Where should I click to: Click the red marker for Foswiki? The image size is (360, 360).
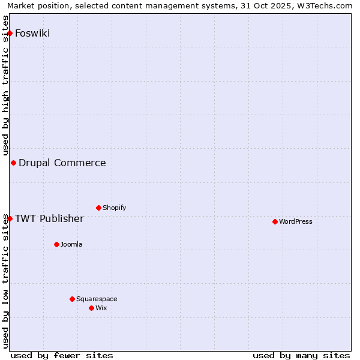click(10, 33)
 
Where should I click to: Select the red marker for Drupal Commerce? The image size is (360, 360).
click(13, 163)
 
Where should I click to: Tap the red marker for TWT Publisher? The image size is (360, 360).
click(10, 218)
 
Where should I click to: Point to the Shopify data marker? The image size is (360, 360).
click(98, 208)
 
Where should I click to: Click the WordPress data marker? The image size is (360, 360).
click(275, 221)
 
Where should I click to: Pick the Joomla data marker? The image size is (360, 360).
click(56, 244)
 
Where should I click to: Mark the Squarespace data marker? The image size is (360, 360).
click(72, 299)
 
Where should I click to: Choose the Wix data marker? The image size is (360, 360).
click(91, 308)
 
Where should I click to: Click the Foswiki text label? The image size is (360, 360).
click(32, 33)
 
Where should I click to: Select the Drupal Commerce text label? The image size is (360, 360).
click(62, 163)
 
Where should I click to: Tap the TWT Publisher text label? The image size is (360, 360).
click(49, 218)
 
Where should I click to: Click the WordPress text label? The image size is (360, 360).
click(296, 221)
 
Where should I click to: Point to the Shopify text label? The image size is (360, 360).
click(114, 208)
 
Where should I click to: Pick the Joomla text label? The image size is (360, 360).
click(71, 244)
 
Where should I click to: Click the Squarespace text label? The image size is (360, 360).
click(97, 299)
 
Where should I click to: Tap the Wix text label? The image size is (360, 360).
click(101, 308)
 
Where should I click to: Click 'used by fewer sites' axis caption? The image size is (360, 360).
click(62, 355)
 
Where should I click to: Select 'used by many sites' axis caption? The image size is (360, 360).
click(301, 355)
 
